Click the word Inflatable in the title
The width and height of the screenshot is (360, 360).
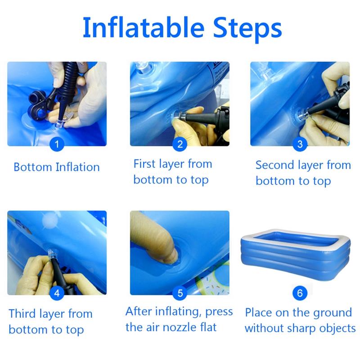click(144, 27)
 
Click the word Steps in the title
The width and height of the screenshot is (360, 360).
click(247, 29)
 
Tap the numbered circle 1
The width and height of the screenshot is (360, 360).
click(57, 144)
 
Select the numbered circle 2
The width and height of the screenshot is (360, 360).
click(180, 144)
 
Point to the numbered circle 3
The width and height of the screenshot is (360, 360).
click(300, 144)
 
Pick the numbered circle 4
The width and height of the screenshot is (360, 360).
click(57, 293)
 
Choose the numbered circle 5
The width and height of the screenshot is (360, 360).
click(180, 293)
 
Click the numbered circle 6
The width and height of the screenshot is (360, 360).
click(300, 293)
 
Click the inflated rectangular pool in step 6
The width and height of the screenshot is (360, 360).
click(296, 254)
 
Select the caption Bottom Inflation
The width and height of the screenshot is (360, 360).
click(57, 167)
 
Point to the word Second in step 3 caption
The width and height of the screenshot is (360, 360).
click(275, 165)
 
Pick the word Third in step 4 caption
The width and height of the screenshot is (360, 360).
click(22, 314)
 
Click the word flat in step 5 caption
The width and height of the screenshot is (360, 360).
click(208, 327)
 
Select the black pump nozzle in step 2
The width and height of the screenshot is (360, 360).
click(200, 117)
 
